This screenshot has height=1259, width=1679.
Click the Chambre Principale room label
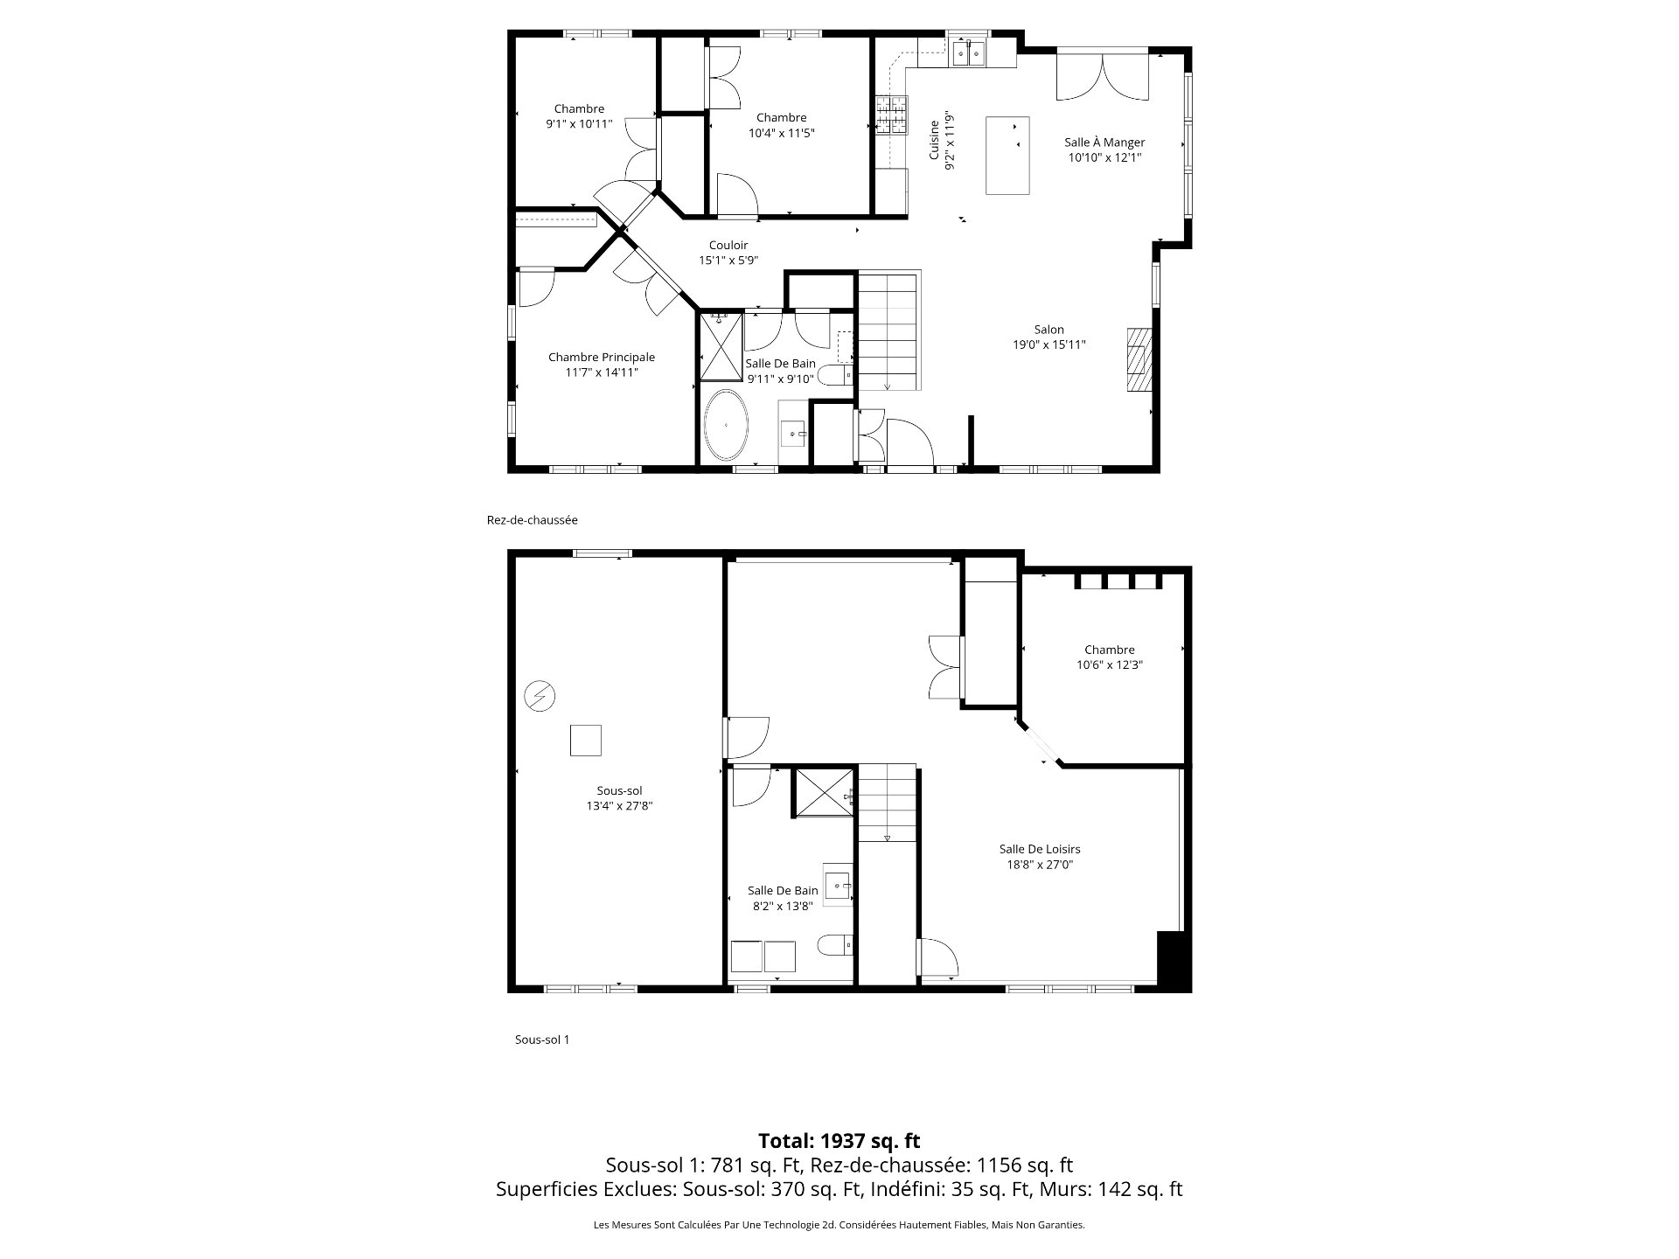601,357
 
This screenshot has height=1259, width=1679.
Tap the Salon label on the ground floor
1049,330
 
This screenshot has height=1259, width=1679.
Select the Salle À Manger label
1104,143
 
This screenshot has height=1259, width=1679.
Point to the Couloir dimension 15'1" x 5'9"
728,261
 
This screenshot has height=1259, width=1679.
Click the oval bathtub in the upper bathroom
727,425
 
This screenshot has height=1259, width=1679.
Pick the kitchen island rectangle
1007,155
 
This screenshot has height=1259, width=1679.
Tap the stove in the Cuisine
892,115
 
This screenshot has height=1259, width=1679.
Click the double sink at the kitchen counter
969,53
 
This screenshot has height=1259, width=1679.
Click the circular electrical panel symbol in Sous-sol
539,696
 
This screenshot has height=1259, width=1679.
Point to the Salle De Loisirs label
1040,849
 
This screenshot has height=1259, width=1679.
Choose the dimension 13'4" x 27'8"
619,806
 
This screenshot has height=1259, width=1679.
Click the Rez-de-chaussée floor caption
532,520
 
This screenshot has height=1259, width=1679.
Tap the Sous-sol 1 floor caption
542,1040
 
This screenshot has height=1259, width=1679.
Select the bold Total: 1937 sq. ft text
839,1140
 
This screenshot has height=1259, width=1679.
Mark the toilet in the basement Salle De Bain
835,945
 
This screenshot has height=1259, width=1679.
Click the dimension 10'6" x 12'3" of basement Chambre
1110,664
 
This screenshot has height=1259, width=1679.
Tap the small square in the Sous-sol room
585,740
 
